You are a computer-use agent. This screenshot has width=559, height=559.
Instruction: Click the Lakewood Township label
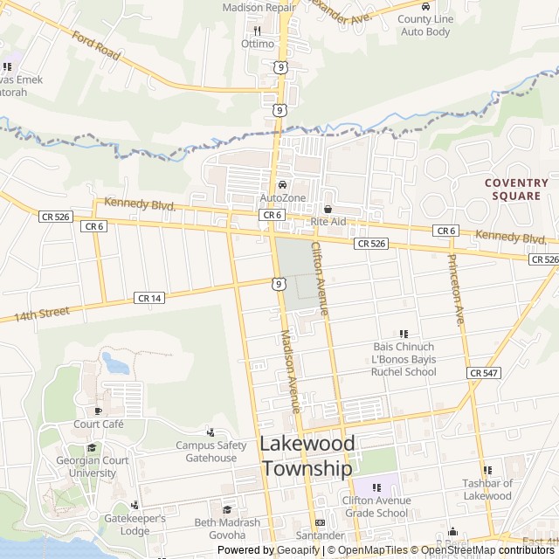tap(307, 456)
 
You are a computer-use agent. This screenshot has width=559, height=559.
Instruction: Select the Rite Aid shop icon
tap(328, 209)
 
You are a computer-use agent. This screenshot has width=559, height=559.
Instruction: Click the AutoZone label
tap(283, 198)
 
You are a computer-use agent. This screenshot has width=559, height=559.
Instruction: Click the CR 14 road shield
tap(148, 298)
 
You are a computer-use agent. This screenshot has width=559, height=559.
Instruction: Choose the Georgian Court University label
tap(92, 467)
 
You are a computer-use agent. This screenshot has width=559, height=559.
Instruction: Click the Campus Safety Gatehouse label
tap(211, 452)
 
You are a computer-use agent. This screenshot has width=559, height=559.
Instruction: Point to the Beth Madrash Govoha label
tap(227, 528)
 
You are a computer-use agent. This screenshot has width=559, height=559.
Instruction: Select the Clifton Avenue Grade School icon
tap(376, 487)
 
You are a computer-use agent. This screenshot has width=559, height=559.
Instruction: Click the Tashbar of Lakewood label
tap(487, 490)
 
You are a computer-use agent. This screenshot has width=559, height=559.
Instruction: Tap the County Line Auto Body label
tap(425, 25)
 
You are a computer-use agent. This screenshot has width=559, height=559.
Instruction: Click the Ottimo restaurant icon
tap(258, 31)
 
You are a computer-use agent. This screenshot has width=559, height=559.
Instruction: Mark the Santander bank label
tap(319, 535)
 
